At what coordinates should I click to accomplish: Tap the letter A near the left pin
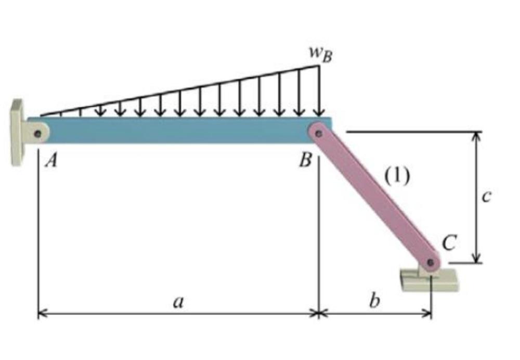[50, 162]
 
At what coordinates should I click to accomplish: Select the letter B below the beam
[305, 161]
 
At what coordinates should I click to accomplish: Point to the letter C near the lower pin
[449, 242]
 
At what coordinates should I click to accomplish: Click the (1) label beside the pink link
[397, 176]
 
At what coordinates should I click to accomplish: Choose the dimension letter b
[372, 301]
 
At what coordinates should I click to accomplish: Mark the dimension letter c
[486, 197]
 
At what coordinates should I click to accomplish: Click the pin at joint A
[37, 134]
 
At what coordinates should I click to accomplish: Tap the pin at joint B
[319, 134]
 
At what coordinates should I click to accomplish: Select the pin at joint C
[430, 263]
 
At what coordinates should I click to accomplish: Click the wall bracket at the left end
[17, 133]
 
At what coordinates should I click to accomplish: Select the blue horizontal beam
[177, 130]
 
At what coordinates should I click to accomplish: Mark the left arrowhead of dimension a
[42, 313]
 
